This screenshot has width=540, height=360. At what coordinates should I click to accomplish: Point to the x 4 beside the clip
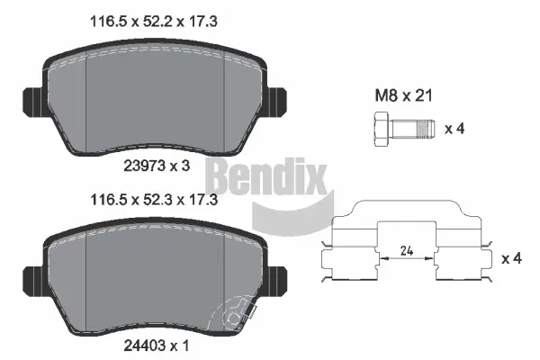point(511,259)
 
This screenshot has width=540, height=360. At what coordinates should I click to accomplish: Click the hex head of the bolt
point(379,127)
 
